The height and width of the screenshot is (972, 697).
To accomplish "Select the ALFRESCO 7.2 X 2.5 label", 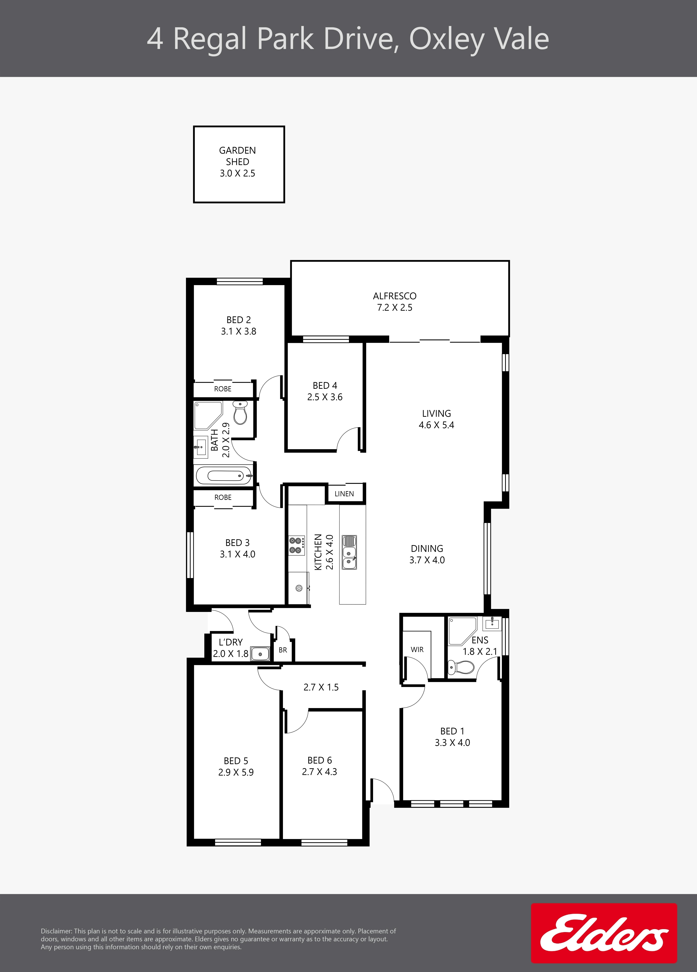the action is click(x=394, y=301).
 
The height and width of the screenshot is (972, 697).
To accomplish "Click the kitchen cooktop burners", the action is click(x=297, y=545).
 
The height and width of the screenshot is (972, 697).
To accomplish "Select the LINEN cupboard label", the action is click(x=344, y=494).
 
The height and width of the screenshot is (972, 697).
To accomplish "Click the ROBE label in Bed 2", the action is click(x=223, y=389).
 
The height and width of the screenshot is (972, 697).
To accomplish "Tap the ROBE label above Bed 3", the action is click(x=223, y=497).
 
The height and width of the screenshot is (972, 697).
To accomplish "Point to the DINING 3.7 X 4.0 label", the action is click(x=427, y=554).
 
